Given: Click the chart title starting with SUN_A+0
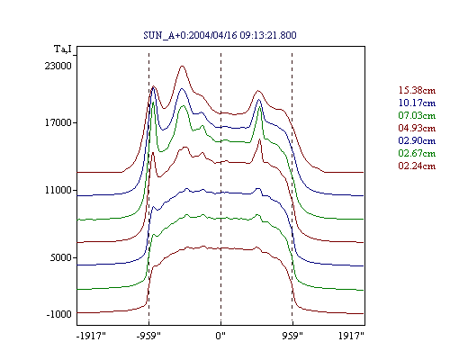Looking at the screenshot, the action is point(220,35).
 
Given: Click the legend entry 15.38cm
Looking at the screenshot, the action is point(417,90).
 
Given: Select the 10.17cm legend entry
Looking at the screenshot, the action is point(417,103).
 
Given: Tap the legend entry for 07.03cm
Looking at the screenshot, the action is point(417,115).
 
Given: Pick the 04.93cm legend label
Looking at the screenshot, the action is point(417,128).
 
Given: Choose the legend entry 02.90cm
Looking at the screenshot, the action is point(417,140).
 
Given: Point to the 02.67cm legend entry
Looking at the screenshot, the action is point(417,153).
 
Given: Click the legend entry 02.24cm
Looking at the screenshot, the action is point(417,166).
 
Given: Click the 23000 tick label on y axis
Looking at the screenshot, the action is point(58,66).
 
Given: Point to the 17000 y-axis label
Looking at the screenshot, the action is point(58,122).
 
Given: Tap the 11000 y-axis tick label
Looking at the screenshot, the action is point(58,190).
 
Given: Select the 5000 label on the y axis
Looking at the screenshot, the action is point(61,257).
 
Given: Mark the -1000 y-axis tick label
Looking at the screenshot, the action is point(59,314).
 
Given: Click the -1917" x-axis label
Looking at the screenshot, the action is point(92,336).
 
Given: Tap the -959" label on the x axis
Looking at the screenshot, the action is point(148,336).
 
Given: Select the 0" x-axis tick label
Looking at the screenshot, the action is point(220,336).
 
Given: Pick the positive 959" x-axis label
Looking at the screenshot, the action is point(292,336).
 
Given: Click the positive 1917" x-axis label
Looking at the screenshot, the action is point(351,336).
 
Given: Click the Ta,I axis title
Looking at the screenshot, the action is point(63,49).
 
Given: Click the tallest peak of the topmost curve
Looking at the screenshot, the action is point(182,66).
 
